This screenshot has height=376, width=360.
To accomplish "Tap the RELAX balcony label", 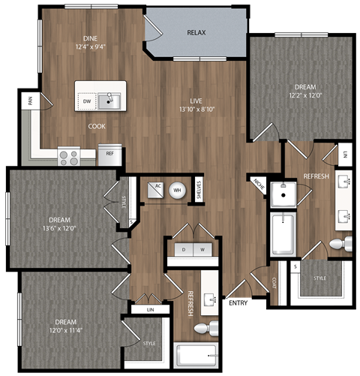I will pos(196,33).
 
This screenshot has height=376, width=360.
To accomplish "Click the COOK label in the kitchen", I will pos(97,126).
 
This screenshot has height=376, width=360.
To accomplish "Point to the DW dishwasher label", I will pos(86,101).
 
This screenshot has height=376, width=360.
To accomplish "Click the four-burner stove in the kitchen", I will pos(69,157).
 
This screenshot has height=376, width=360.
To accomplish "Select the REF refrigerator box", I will pos(109,154).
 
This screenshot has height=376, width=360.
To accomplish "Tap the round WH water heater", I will pos(178,190).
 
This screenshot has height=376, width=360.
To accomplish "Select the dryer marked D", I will pos(183,248).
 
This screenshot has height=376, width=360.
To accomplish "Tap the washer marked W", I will pos(201,248).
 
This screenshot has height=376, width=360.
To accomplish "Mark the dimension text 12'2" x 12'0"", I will pos(289,95).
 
